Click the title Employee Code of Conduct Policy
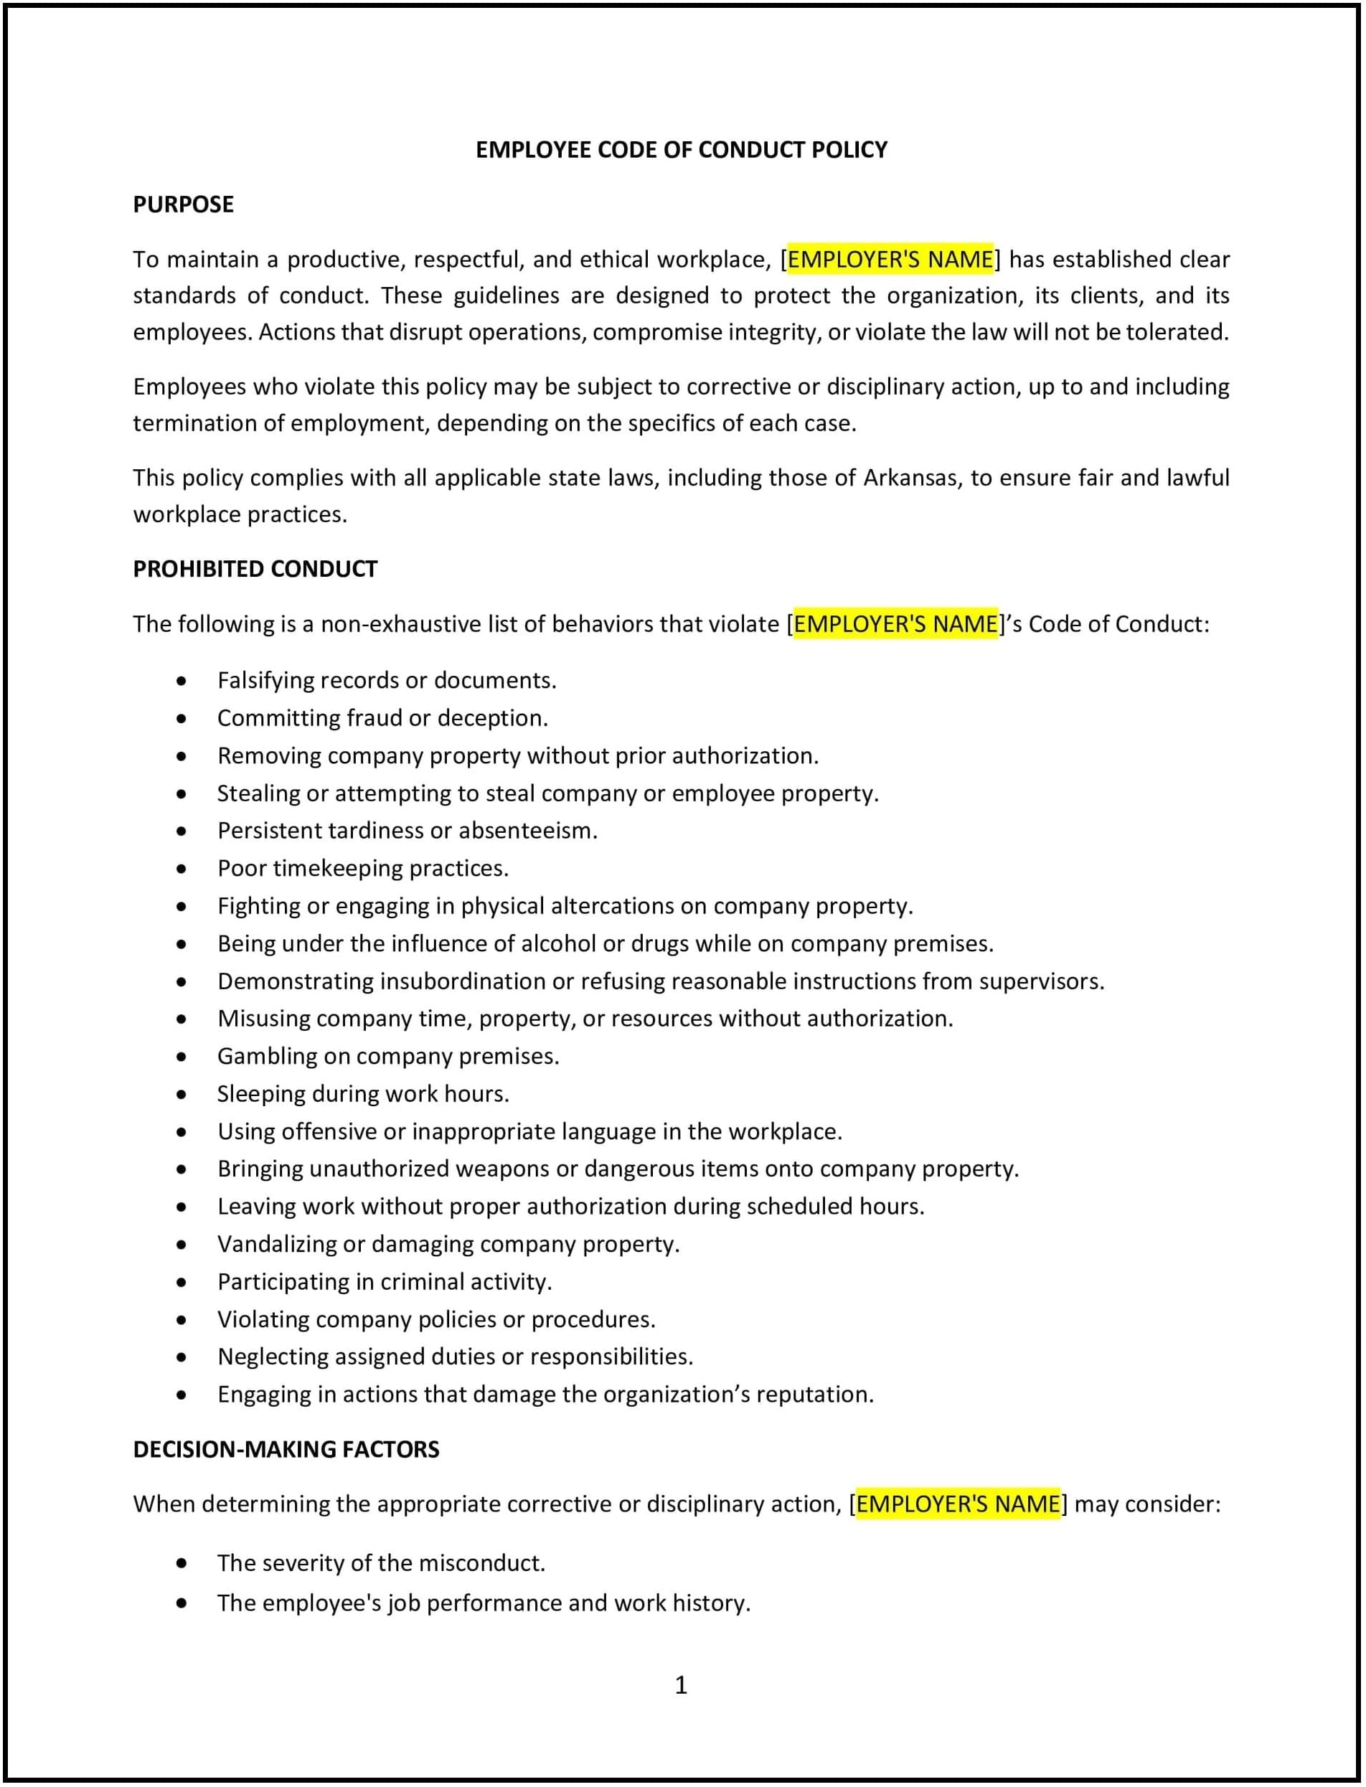[682, 150]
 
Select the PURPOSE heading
[183, 204]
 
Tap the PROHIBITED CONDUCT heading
[255, 568]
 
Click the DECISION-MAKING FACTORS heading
[286, 1449]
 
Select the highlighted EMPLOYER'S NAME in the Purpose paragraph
[890, 260]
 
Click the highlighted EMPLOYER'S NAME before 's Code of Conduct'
[895, 623]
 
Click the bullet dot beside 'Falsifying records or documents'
[182, 681]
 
